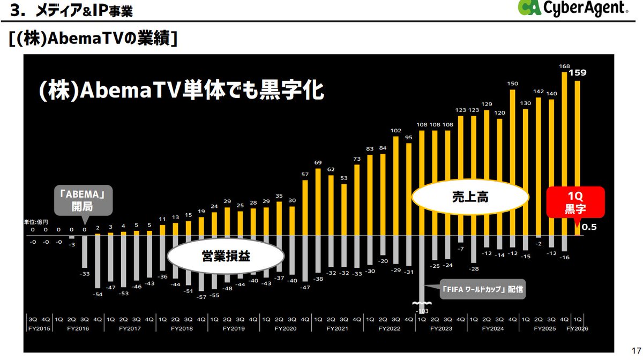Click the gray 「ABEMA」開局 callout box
click(x=85, y=199)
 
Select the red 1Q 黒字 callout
click(x=575, y=202)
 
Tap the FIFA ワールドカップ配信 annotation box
click(x=481, y=290)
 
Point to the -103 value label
click(x=423, y=310)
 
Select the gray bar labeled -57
click(x=201, y=262)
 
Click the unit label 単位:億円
click(x=36, y=222)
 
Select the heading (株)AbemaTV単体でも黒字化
click(x=181, y=90)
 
